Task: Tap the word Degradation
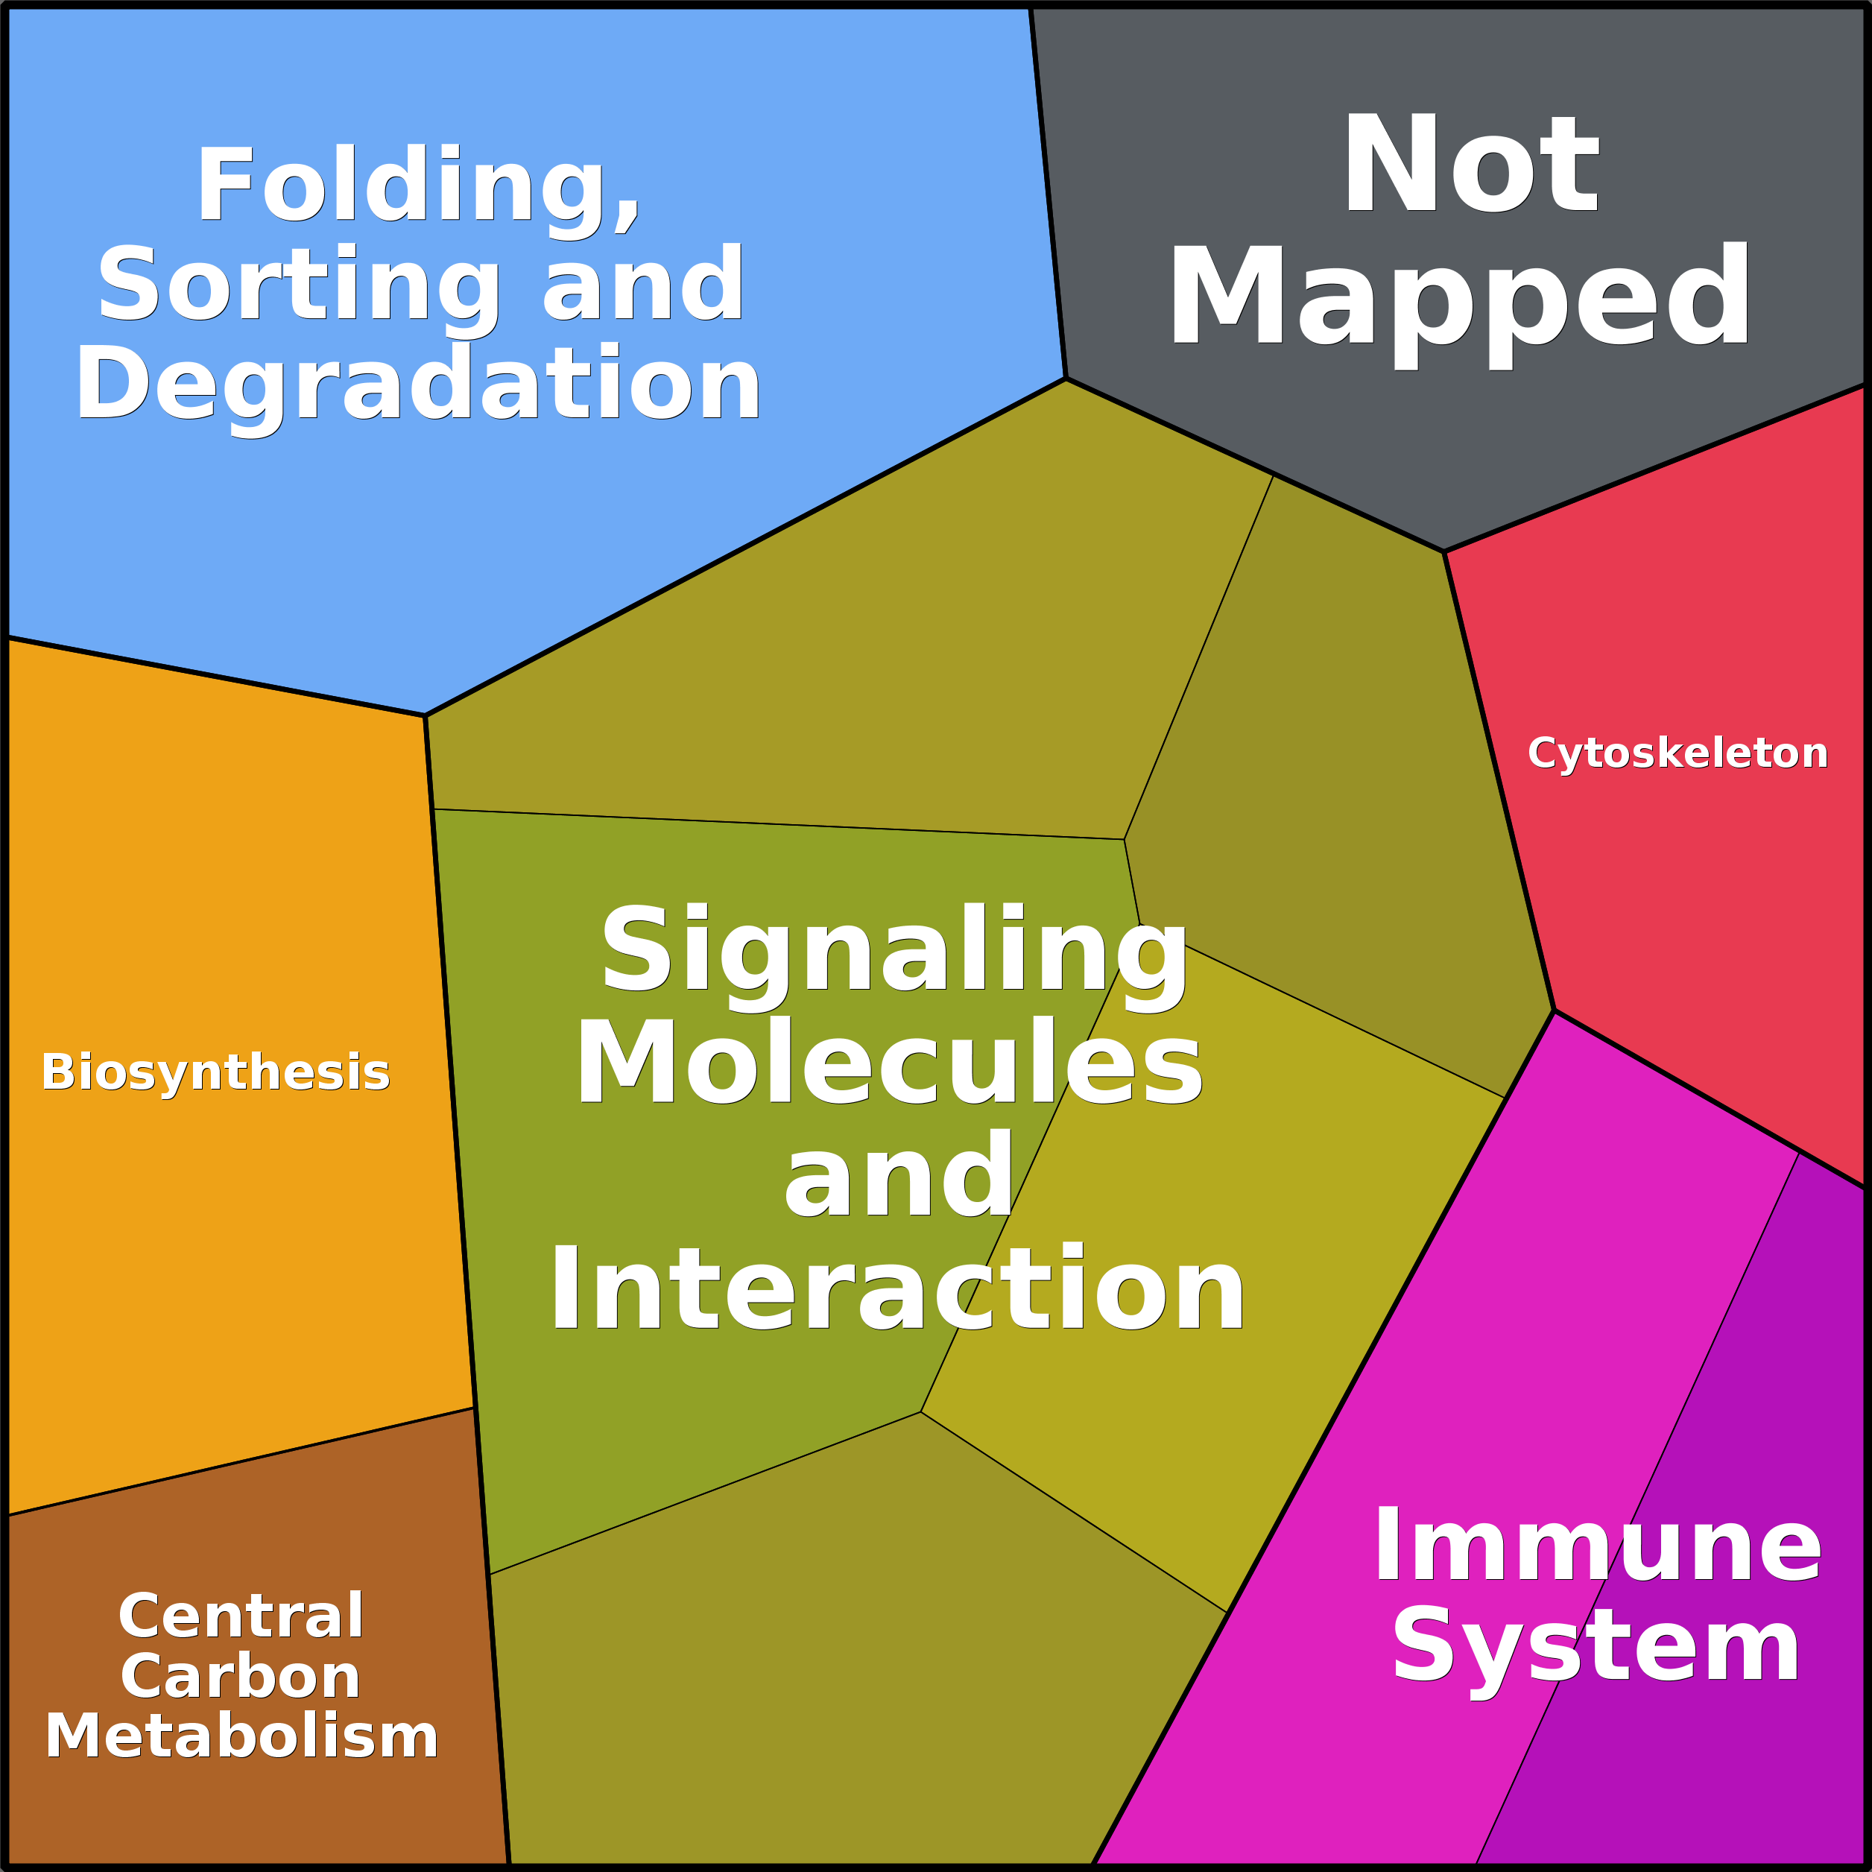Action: [419, 385]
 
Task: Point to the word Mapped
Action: [1461, 298]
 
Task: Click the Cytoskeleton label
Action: [1677, 753]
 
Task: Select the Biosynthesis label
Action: [215, 1072]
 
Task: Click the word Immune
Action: [1597, 1547]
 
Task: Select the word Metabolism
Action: [241, 1736]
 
